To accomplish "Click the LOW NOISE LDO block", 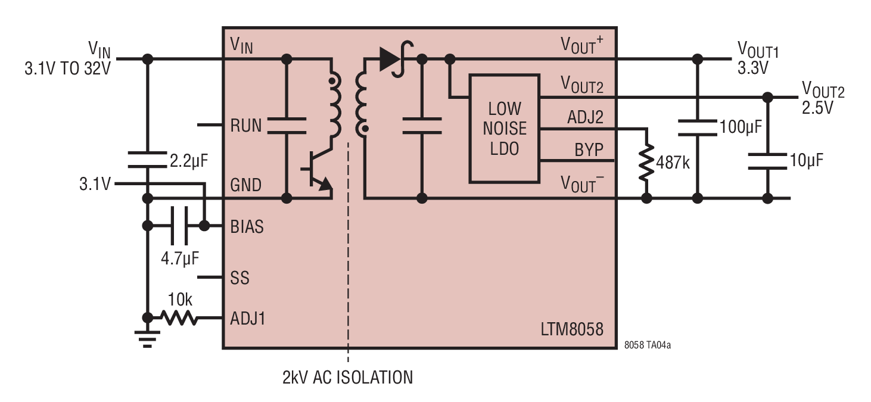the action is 505,128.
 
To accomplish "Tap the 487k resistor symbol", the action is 646,163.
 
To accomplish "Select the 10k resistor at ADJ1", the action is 179,317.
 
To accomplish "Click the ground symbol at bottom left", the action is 147,339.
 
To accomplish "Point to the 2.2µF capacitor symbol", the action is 147,160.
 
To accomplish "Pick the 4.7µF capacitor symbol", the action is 179,226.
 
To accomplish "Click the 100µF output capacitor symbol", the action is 697,128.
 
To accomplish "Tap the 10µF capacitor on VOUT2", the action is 767,161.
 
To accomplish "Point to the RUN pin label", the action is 245,126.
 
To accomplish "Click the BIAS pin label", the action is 247,227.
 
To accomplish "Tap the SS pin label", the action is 239,278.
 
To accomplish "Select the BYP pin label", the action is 589,149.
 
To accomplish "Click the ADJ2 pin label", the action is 585,117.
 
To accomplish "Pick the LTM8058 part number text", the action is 572,329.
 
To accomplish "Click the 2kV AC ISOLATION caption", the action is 347,378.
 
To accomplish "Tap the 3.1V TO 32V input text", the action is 68,68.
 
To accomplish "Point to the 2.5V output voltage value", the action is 817,108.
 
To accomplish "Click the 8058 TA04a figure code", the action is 648,345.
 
